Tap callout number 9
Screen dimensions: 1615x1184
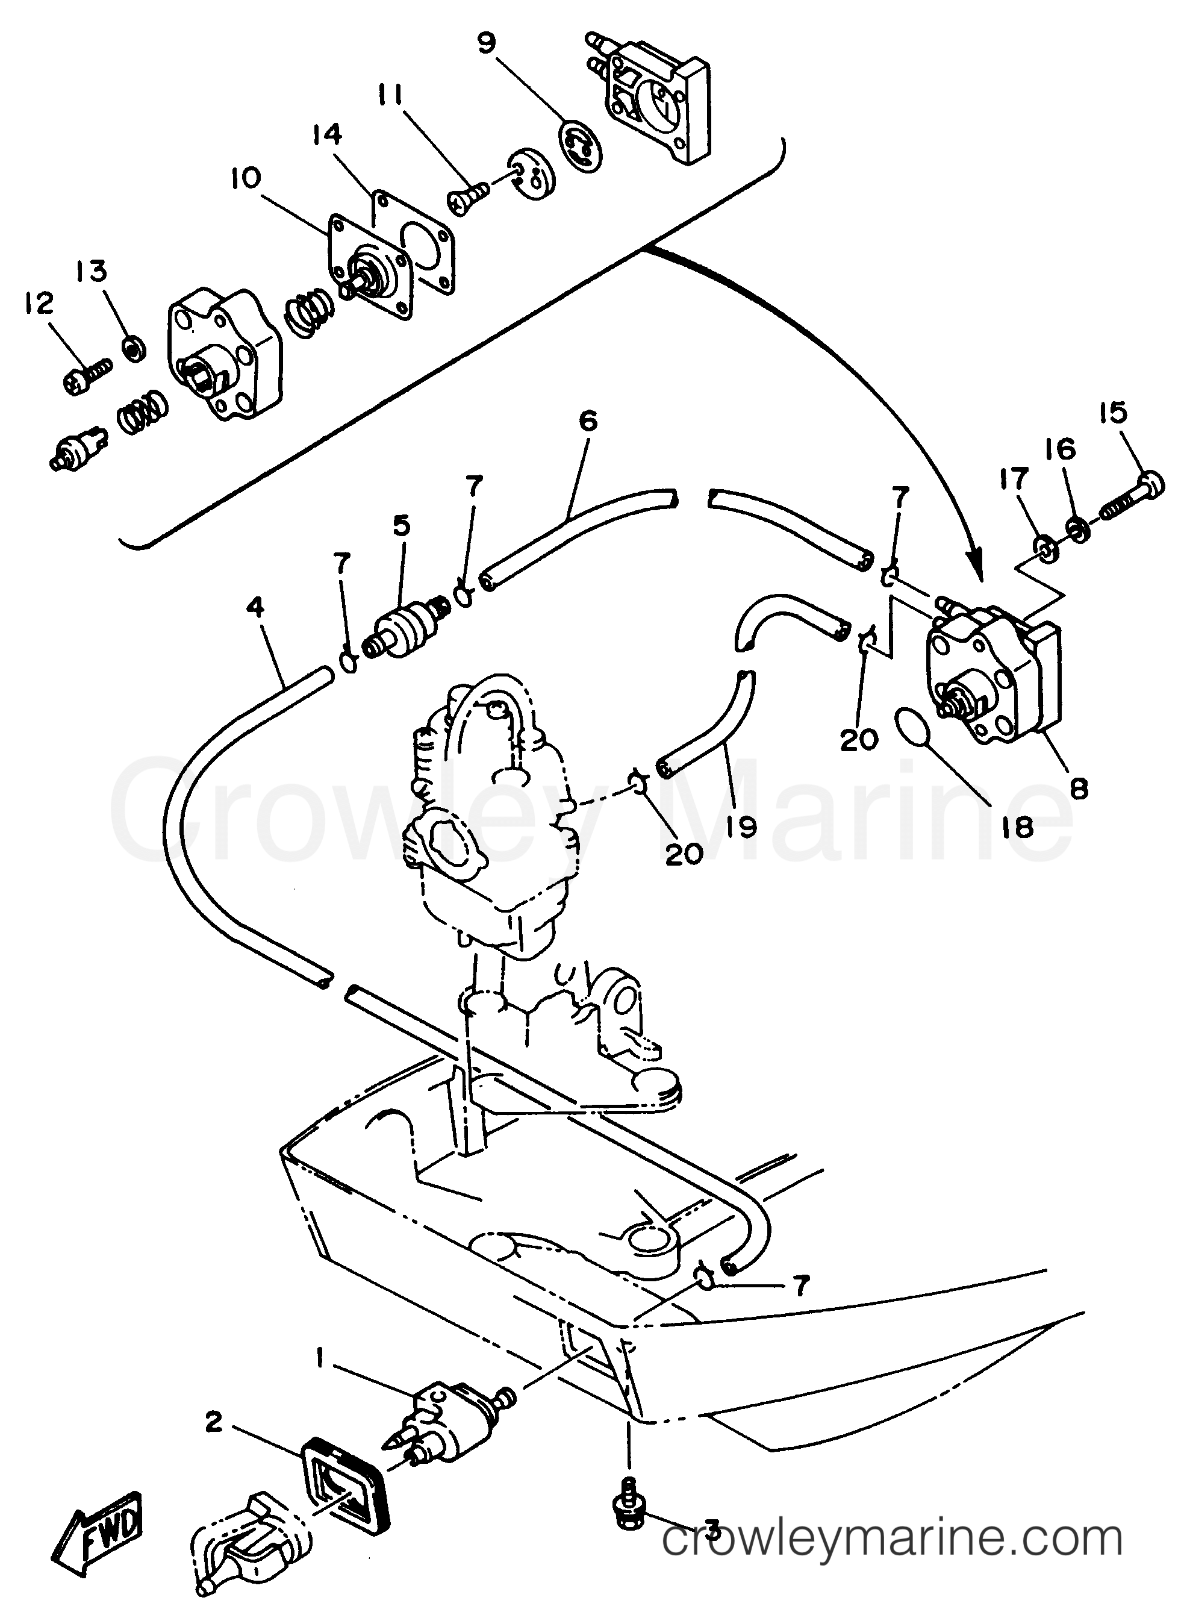click(x=486, y=42)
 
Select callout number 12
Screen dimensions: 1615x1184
click(x=38, y=305)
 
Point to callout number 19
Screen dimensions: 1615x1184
click(x=741, y=826)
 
